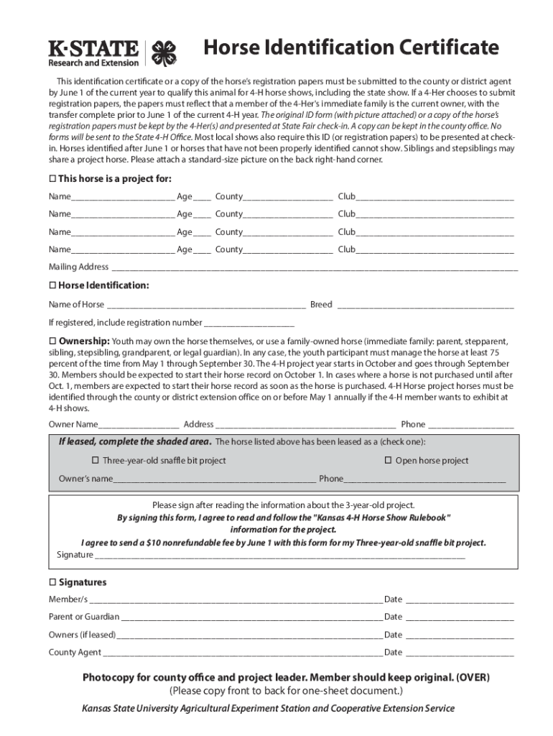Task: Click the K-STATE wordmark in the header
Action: (x=93, y=49)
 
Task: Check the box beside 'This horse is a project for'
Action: (x=52, y=178)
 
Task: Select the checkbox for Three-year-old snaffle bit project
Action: (x=95, y=460)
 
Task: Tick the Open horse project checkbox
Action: (x=388, y=460)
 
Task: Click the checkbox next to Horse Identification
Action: (x=52, y=285)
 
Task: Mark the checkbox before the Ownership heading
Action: (x=52, y=340)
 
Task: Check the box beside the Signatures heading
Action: (x=52, y=582)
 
